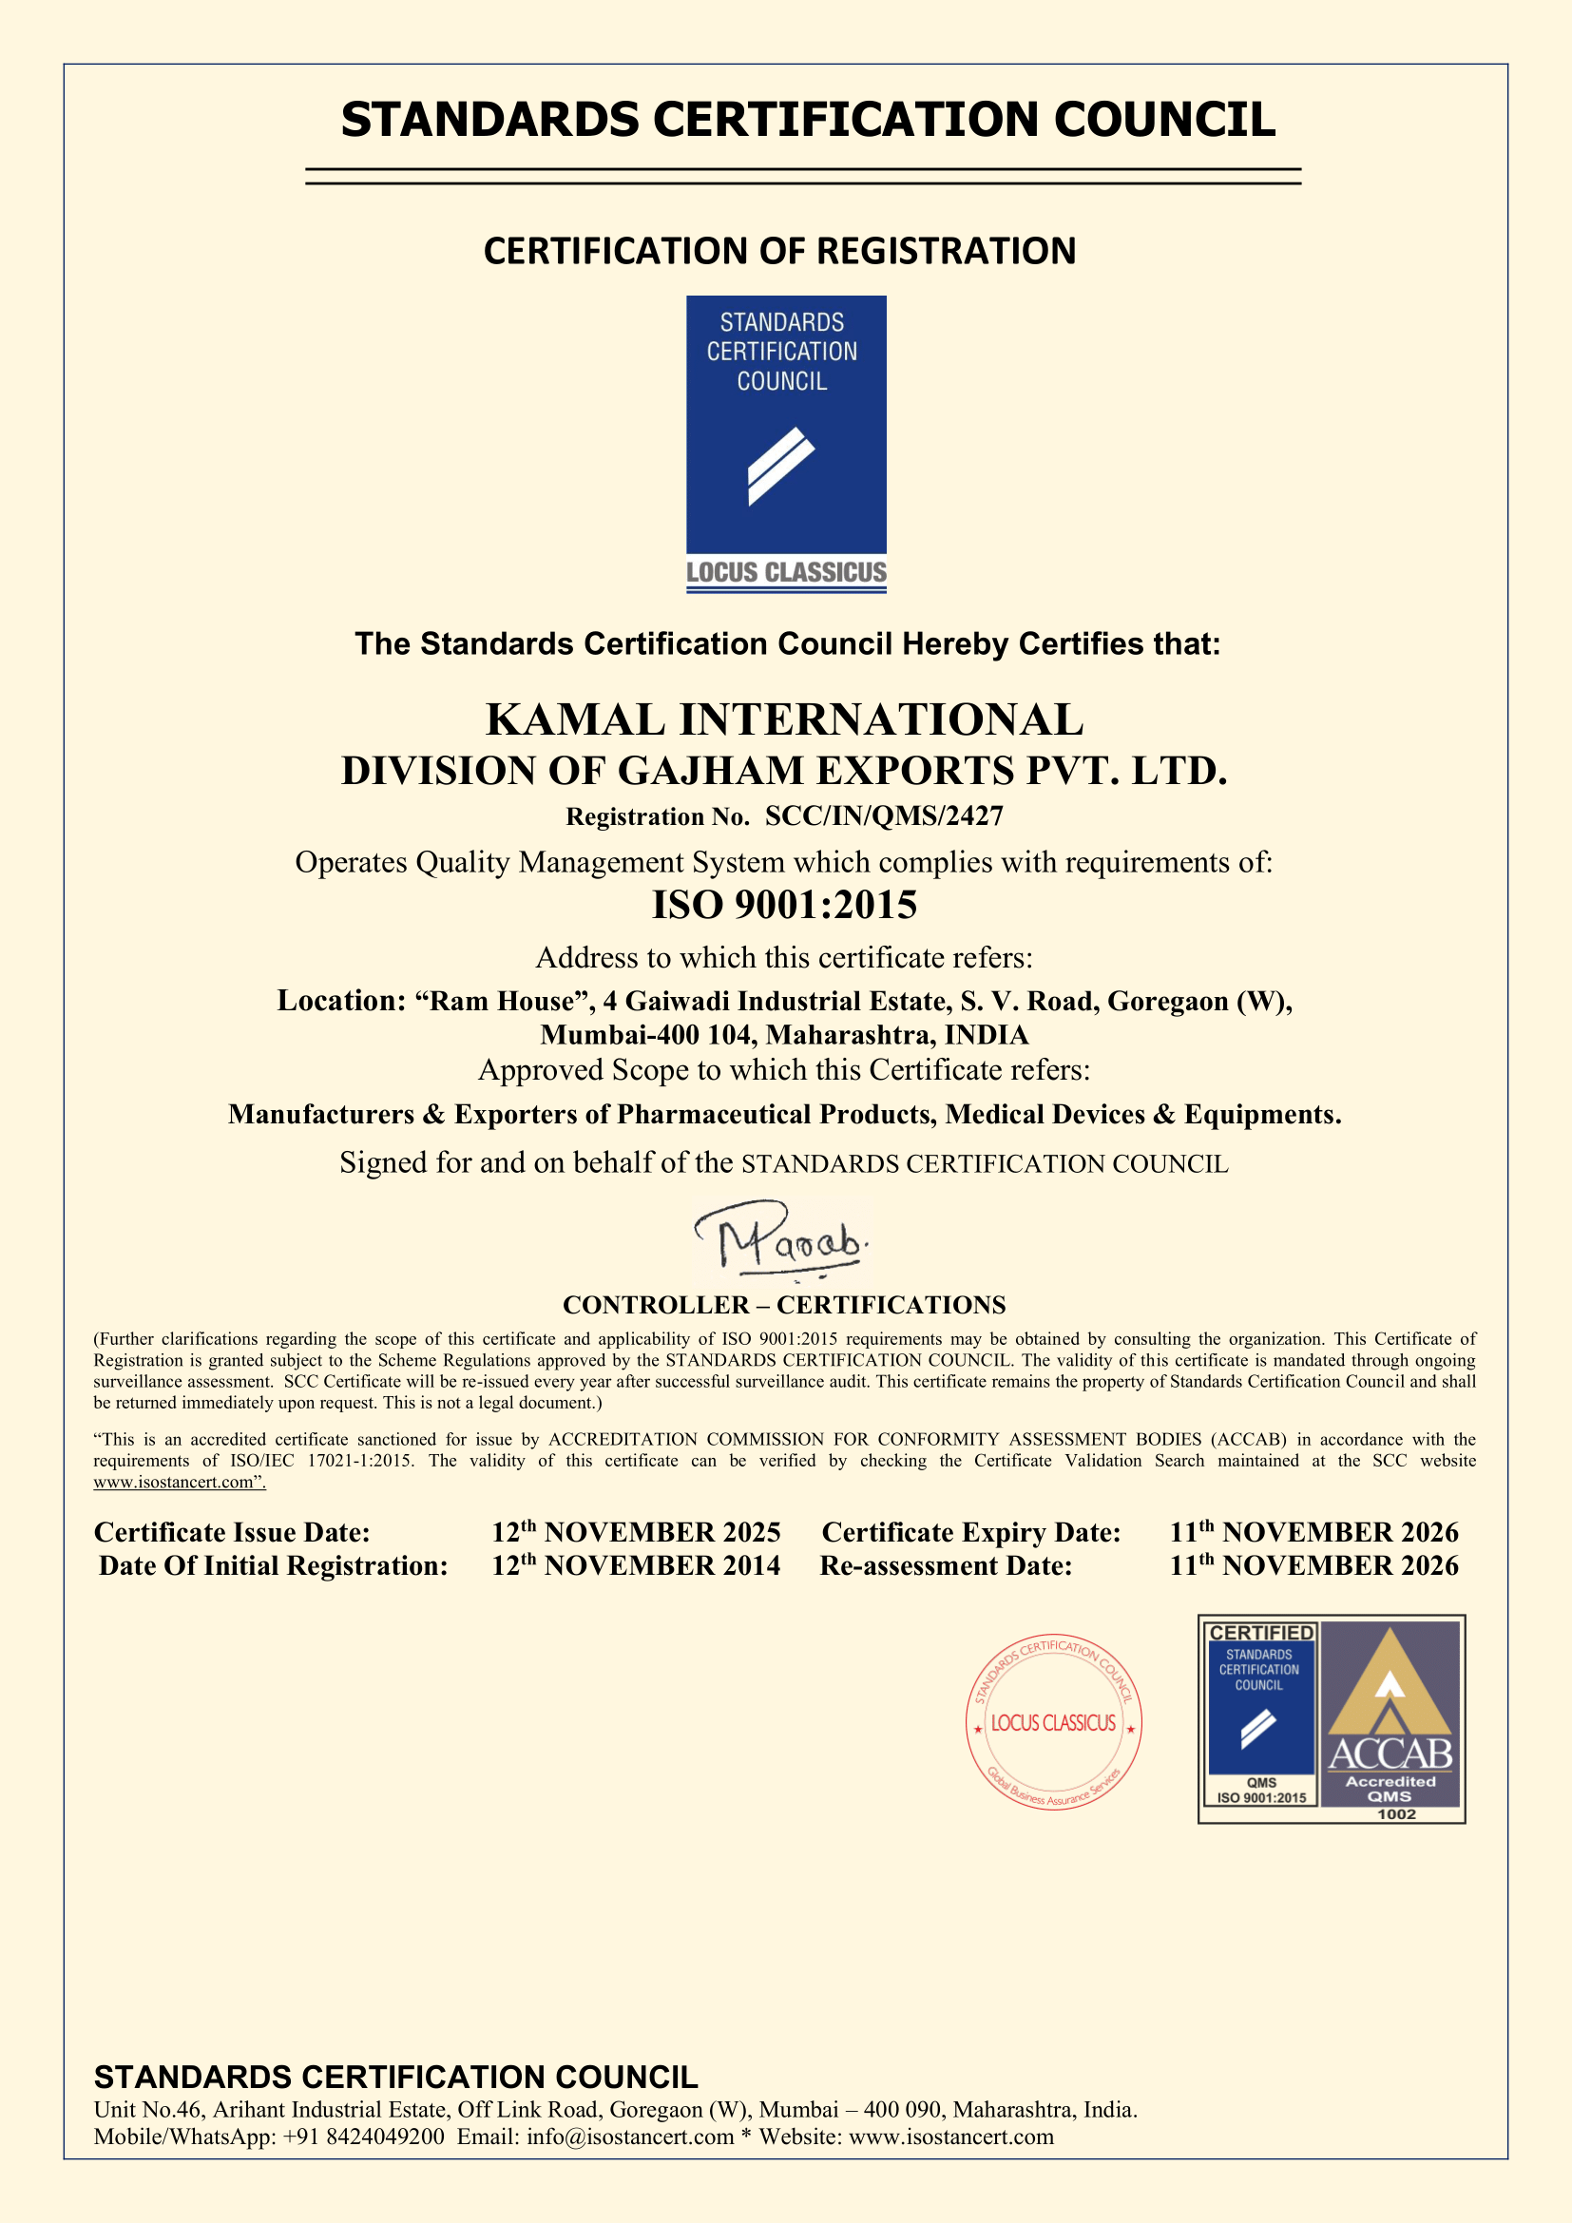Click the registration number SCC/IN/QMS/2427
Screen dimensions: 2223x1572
point(884,816)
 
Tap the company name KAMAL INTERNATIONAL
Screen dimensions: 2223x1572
point(784,719)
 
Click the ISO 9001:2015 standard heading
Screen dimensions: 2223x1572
point(784,904)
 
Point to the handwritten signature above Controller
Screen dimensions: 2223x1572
point(782,1240)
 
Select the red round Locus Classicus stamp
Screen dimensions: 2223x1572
point(1053,1722)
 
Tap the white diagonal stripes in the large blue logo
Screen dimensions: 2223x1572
point(780,467)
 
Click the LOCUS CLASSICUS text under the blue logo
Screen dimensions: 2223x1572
point(786,572)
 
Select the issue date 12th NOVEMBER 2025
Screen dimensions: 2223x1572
point(635,1532)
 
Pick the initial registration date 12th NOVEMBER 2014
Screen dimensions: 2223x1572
point(635,1565)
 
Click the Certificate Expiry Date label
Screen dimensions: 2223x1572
point(971,1532)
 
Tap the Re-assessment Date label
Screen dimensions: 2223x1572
point(946,1565)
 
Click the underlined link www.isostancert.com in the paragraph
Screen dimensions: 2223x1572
point(178,1483)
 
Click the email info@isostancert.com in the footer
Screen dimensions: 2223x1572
point(630,2137)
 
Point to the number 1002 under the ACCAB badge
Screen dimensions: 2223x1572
point(1396,1814)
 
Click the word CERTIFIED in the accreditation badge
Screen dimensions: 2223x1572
point(1261,1634)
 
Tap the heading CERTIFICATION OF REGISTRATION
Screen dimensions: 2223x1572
point(779,251)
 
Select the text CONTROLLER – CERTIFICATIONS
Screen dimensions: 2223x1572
point(784,1305)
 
